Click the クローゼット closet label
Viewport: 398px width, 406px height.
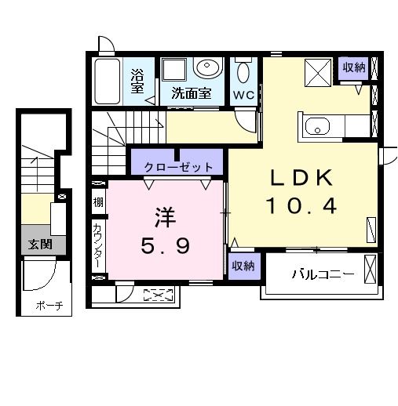click(178, 166)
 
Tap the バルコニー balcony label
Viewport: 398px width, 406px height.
click(323, 274)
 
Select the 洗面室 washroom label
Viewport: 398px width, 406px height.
click(192, 93)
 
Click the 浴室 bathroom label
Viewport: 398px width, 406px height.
click(138, 80)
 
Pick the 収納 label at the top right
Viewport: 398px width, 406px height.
click(353, 67)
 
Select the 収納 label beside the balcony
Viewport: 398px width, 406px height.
click(243, 266)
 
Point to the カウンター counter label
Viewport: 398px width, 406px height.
click(97, 245)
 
